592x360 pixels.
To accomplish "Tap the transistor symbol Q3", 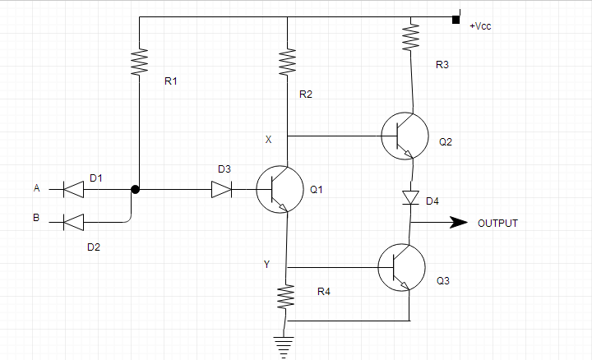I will tap(401, 267).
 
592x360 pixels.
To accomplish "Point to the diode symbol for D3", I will tap(222, 189).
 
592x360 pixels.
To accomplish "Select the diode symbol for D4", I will tap(409, 197).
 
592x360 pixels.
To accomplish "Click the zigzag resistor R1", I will tap(139, 62).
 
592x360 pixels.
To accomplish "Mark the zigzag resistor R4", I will tap(286, 298).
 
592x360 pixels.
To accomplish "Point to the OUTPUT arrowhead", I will tap(458, 222).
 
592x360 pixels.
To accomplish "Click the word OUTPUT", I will tap(497, 223).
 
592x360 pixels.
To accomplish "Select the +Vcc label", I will tap(480, 26).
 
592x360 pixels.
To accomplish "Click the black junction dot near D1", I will tap(136, 189).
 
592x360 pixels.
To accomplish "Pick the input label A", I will tap(36, 188).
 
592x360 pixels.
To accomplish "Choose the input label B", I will tap(36, 219).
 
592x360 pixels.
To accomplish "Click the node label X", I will tap(268, 140).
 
